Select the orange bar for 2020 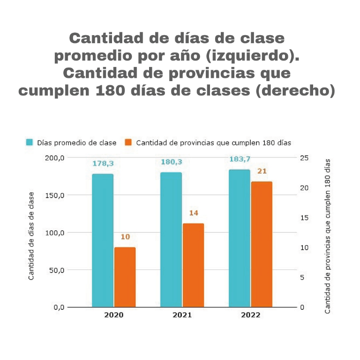tap(125, 277)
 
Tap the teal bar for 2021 tap(171, 240)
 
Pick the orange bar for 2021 tap(193, 265)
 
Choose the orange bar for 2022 tap(262, 244)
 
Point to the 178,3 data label tap(103, 164)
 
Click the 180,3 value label tap(172, 162)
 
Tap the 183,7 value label tap(240, 159)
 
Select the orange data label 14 tap(194, 213)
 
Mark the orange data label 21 tap(262, 171)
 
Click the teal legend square tap(29, 142)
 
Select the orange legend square tap(127, 142)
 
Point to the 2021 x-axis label tap(182, 315)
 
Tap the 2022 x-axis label tap(250, 315)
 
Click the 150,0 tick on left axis tap(55, 195)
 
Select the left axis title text tap(31, 236)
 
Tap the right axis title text tap(327, 236)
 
